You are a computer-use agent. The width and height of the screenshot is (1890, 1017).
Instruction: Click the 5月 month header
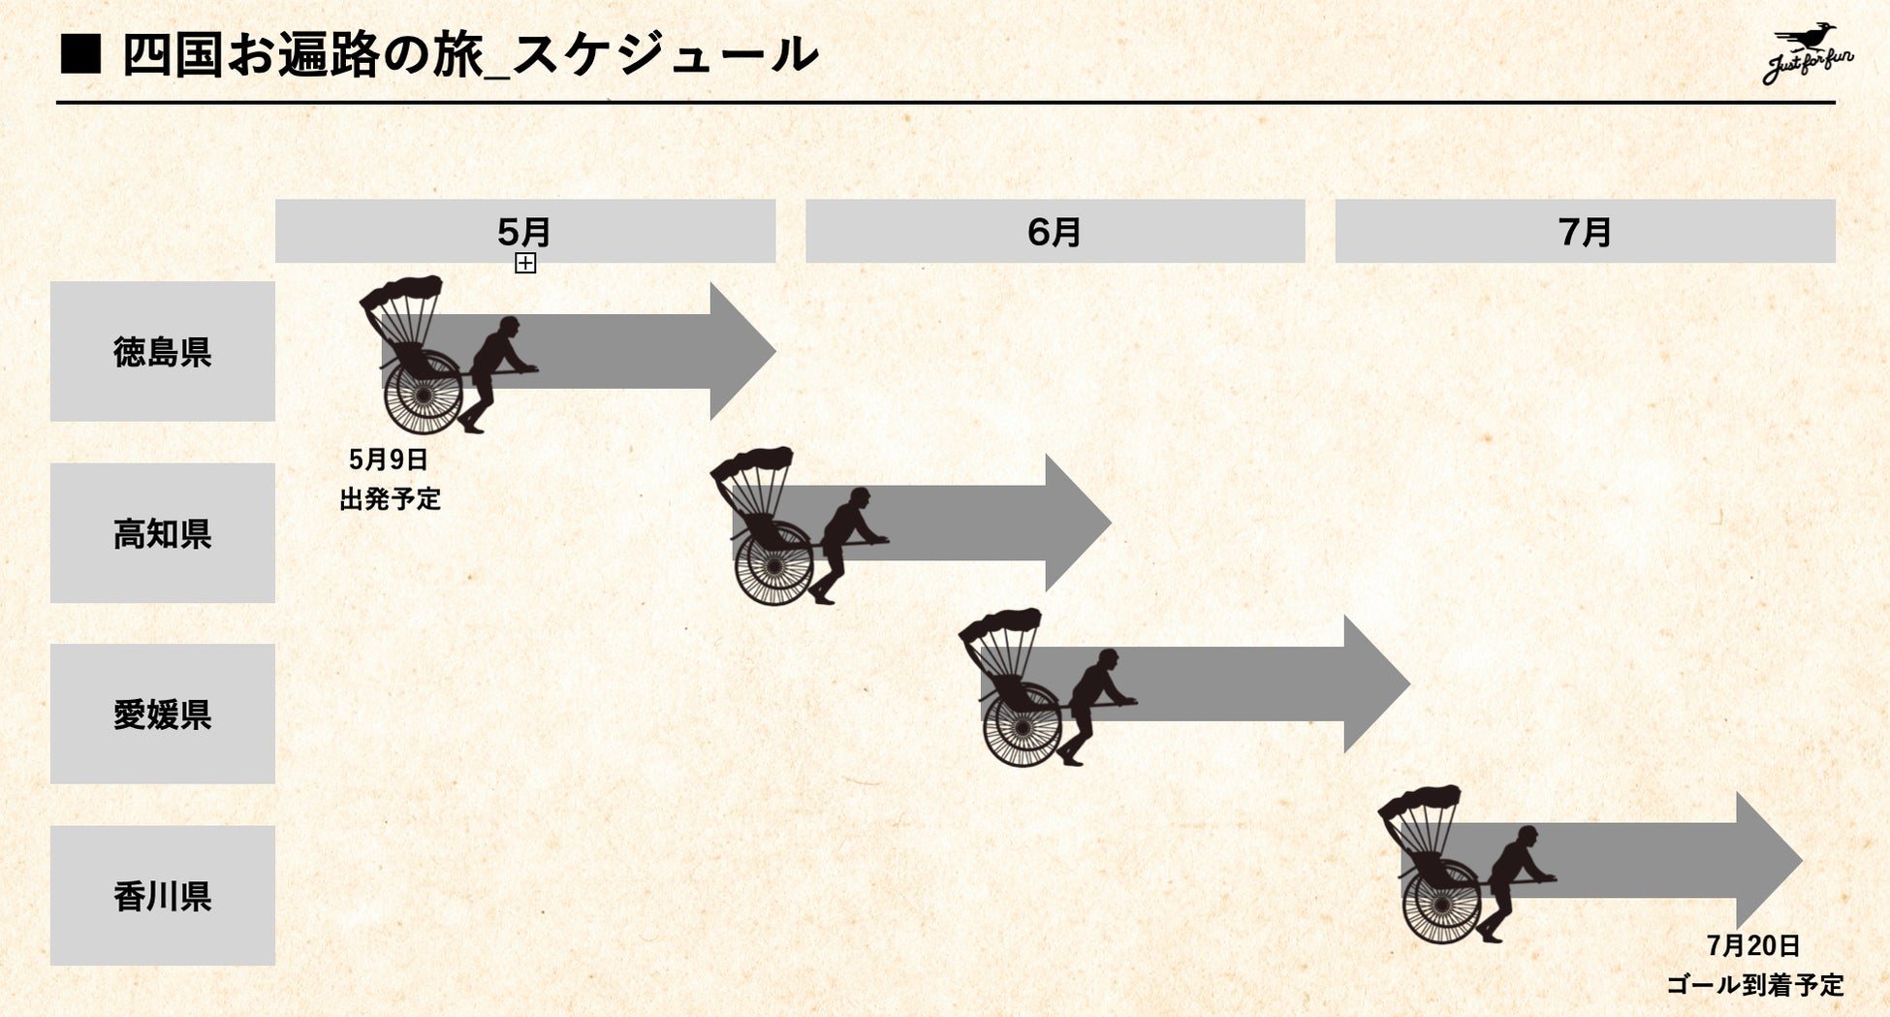point(524,231)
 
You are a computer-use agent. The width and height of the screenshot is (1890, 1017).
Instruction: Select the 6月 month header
point(1055,231)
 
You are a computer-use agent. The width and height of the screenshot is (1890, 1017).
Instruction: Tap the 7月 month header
point(1585,231)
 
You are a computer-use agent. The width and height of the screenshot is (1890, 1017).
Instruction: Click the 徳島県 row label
point(163,351)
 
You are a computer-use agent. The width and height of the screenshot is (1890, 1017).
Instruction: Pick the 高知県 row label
point(163,533)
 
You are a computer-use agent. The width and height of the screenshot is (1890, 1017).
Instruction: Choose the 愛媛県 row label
point(163,714)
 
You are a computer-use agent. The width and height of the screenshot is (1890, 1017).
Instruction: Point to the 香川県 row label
point(163,895)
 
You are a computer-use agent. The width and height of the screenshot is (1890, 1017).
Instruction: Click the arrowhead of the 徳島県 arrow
point(741,351)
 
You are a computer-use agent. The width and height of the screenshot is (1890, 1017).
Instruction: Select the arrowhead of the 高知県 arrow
point(1077,523)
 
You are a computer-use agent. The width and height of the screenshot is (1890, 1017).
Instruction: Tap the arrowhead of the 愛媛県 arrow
point(1375,683)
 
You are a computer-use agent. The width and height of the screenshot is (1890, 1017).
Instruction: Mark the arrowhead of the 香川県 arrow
point(1767,860)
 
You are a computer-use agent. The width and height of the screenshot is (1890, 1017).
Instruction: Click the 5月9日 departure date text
point(389,460)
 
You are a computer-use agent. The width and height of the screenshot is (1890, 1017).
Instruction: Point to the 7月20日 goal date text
point(1753,945)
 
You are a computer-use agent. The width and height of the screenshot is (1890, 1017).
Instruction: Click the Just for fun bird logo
point(1807,54)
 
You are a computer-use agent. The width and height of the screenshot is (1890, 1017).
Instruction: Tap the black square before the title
point(80,54)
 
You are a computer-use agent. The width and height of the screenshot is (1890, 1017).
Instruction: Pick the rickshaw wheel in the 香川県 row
point(1442,905)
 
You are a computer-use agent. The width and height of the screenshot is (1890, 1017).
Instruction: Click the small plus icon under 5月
point(525,263)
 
